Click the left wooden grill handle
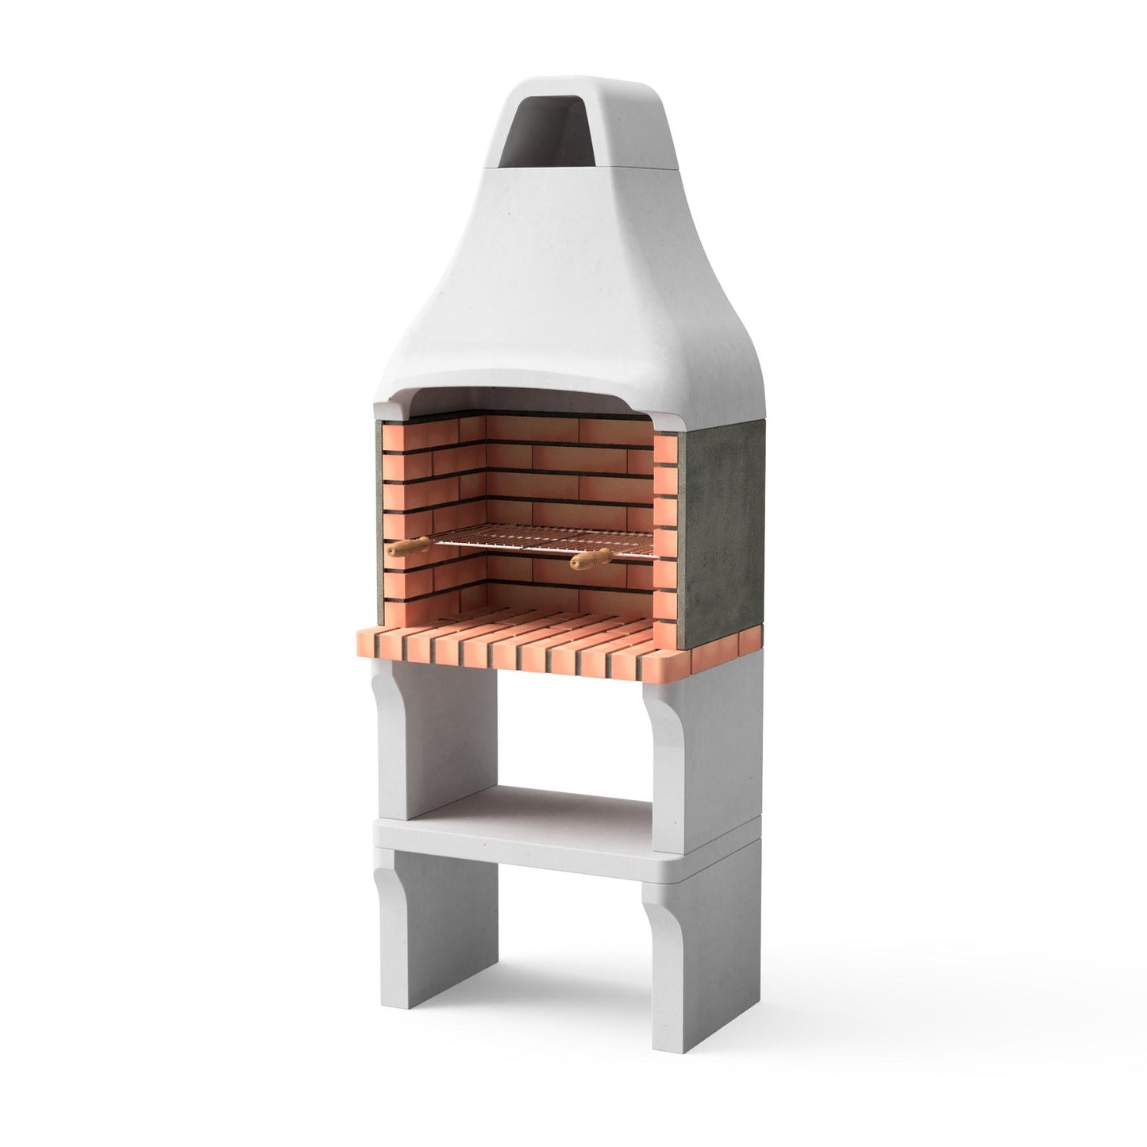[x=408, y=547]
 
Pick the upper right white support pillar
[x=702, y=738]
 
